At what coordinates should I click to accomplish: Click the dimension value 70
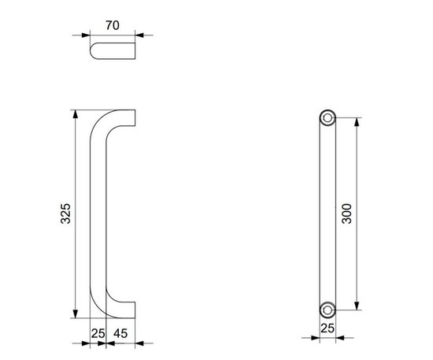[112, 26]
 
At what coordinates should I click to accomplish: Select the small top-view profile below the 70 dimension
[113, 52]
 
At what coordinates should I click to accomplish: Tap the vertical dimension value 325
[66, 213]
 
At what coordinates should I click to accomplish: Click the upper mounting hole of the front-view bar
[327, 118]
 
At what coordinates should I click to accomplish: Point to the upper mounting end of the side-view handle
[132, 117]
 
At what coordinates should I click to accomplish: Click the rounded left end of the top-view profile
[94, 52]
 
